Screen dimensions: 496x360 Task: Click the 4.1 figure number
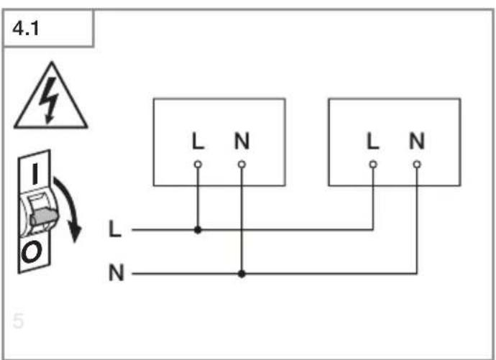26,29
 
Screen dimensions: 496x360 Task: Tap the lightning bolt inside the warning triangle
49,101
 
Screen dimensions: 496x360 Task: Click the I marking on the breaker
35,174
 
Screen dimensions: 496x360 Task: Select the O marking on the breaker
32,252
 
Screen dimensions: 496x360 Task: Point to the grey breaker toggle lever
44,217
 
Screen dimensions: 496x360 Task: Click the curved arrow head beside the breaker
75,234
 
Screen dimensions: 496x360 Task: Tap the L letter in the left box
198,141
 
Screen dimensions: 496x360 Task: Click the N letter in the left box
242,141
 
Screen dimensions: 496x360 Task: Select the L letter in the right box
373,141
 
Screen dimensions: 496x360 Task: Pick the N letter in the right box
417,141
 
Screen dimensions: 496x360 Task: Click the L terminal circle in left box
198,165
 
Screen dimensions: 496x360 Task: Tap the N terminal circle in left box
242,165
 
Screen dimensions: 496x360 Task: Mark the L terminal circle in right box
373,165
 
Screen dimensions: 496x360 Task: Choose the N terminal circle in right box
417,165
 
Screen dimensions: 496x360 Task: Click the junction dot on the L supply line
198,230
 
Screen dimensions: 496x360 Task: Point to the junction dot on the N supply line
242,273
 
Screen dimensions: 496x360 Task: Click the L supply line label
114,229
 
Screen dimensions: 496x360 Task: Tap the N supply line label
116,272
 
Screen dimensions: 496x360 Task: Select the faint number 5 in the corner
19,320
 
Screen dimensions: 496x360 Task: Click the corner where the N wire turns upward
417,273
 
